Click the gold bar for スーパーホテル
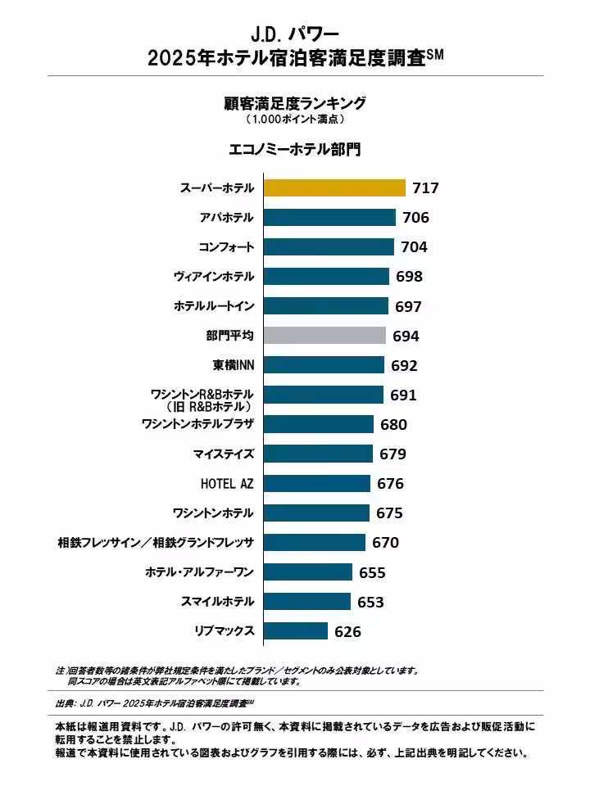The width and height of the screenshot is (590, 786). [334, 188]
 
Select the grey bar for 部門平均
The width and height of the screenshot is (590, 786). [324, 336]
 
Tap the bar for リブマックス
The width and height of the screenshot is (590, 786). [296, 631]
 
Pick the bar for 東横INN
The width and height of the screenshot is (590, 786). [324, 365]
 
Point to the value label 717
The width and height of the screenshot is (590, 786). [426, 188]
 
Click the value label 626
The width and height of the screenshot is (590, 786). [347, 631]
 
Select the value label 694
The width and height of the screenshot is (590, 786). [406, 336]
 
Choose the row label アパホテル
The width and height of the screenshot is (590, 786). [226, 218]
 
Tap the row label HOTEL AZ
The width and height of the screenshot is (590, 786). [227, 483]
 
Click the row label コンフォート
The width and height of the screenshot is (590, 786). [226, 247]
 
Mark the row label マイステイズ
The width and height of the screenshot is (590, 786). [224, 454]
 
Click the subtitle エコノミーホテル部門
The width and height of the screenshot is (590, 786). [295, 151]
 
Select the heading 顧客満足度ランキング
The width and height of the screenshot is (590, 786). [295, 103]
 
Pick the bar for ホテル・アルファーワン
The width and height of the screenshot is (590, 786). [308, 572]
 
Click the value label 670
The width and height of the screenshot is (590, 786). [385, 543]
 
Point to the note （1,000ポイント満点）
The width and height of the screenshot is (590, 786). [295, 120]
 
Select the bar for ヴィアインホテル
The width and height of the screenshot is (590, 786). [326, 277]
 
